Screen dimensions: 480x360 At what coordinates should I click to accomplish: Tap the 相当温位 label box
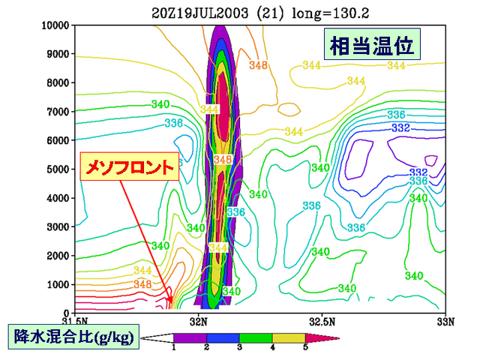[x=372, y=43]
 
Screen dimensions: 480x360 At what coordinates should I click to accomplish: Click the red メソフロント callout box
[x=130, y=166]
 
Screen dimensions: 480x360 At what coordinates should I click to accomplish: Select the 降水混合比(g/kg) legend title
[x=73, y=337]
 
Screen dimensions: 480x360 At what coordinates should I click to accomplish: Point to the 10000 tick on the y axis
[x=55, y=25]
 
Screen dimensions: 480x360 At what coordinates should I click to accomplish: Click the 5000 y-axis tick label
[x=58, y=169]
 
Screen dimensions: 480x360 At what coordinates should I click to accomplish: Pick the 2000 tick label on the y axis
[x=58, y=256]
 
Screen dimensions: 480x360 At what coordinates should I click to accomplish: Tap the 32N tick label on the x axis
[x=199, y=322]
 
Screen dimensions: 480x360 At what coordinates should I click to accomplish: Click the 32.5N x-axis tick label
[x=322, y=322]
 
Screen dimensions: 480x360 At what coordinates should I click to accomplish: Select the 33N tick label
[x=445, y=322]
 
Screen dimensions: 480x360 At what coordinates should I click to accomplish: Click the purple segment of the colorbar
[x=190, y=338]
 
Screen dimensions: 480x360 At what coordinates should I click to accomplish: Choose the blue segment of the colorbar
[x=223, y=338]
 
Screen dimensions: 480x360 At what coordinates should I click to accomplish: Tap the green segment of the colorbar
[x=256, y=338]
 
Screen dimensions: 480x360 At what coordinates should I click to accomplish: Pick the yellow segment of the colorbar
[x=289, y=338]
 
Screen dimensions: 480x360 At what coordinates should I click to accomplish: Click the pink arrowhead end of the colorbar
[x=322, y=338]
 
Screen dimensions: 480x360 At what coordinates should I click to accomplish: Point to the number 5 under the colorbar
[x=305, y=347]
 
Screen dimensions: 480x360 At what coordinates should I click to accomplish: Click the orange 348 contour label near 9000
[x=258, y=65]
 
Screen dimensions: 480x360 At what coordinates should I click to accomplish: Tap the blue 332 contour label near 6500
[x=400, y=127]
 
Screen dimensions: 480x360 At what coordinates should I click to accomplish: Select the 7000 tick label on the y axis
[x=58, y=112]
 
